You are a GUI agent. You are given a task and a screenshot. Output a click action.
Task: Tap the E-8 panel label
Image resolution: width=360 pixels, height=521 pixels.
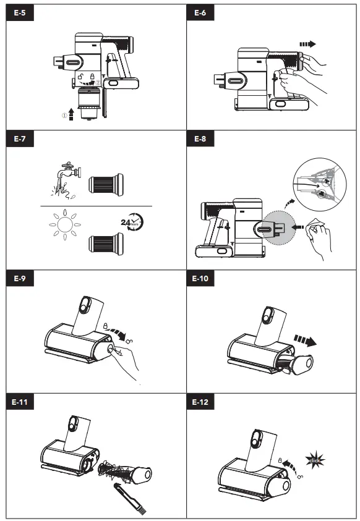click(x=196, y=140)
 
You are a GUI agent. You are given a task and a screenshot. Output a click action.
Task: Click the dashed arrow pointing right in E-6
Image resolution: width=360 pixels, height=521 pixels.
click(x=307, y=44)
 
